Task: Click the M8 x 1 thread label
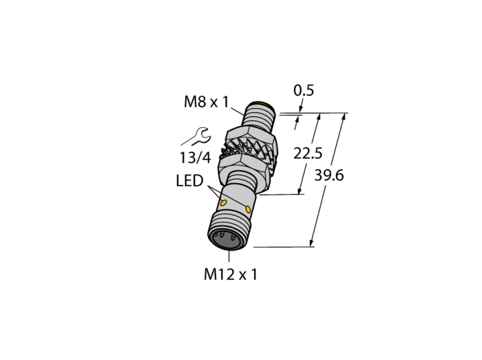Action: [207, 102]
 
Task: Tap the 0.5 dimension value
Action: [304, 91]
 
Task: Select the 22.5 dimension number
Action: [308, 153]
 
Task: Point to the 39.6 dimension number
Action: [329, 176]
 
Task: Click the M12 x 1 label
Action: [230, 274]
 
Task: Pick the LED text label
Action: [189, 181]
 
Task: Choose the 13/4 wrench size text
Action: [195, 158]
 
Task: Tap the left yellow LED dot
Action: [224, 203]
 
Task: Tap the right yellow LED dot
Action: [248, 210]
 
